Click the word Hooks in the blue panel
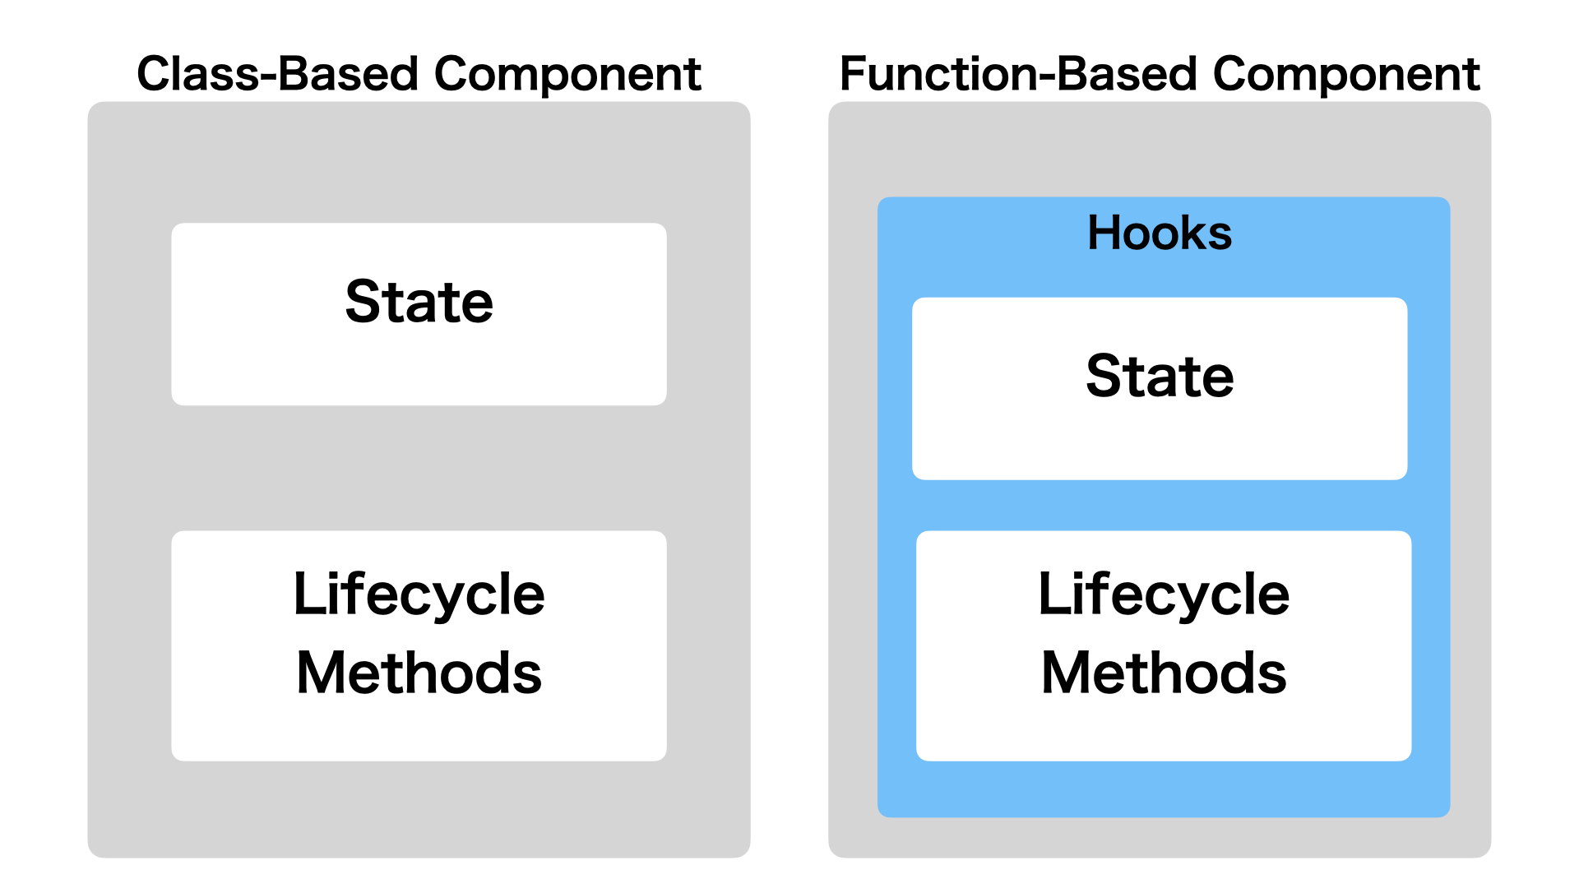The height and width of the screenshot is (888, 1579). pos(1160,233)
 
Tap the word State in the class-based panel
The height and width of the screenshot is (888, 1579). pos(419,302)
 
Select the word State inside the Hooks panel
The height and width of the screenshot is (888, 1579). pos(1160,376)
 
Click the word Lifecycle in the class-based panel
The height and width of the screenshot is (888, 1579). pos(419,594)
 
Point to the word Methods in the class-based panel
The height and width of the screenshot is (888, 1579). pos(419,673)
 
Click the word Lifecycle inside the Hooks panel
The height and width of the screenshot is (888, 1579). pos(1163,594)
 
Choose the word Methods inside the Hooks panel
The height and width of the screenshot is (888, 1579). pos(1163,673)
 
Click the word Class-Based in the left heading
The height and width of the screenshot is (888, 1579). pos(277,74)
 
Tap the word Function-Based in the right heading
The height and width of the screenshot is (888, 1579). pos(1017,74)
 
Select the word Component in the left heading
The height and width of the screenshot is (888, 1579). pos(567,74)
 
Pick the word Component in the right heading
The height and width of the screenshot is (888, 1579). pos(1346,74)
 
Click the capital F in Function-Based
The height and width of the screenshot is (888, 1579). pos(852,74)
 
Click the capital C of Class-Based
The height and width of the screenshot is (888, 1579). pos(154,74)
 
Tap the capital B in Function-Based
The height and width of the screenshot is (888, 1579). pos(1072,74)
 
